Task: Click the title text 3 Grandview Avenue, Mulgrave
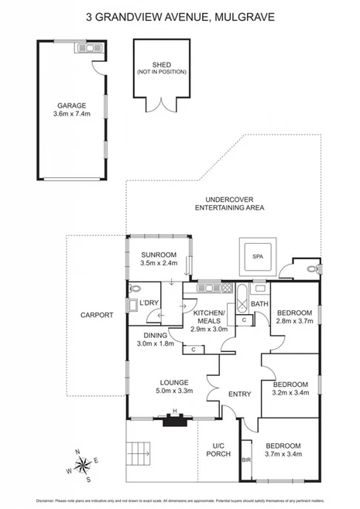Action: point(180,15)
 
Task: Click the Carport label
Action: point(97,315)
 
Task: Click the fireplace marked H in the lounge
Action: point(175,418)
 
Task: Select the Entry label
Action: point(239,394)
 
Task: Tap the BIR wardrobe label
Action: point(246,459)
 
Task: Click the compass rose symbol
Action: point(83,465)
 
